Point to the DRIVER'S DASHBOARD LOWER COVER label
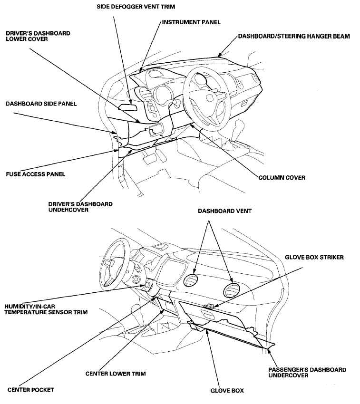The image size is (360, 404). (x=38, y=36)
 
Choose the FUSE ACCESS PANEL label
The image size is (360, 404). (x=36, y=174)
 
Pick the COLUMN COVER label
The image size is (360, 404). (x=282, y=178)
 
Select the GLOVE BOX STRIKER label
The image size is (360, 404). (x=314, y=257)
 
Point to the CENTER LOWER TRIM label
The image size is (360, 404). (x=116, y=374)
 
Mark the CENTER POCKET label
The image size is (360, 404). (x=30, y=390)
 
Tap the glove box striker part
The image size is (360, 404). (x=208, y=307)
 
